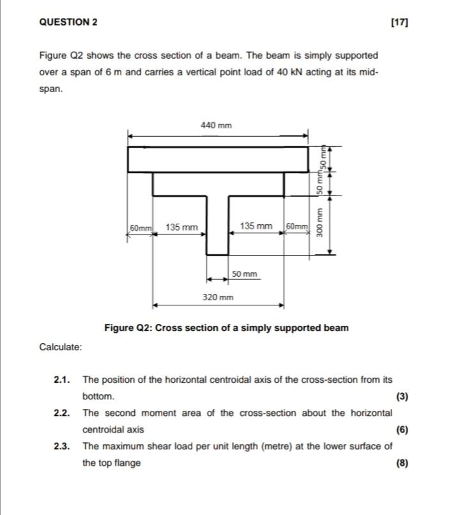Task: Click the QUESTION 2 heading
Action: [x=68, y=22]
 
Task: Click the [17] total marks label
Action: [x=399, y=22]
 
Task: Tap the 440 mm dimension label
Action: [x=217, y=125]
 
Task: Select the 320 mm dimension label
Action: [x=218, y=297]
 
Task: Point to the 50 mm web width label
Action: [x=245, y=274]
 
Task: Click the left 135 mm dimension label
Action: [x=181, y=227]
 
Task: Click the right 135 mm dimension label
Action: [x=256, y=226]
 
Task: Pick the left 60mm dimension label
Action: [x=141, y=227]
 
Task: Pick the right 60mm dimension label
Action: [x=297, y=227]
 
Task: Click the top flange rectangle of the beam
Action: [x=217, y=160]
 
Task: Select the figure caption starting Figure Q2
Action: [x=227, y=328]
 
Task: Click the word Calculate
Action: [x=61, y=347]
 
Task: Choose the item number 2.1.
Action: [x=62, y=380]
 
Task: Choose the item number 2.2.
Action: [x=62, y=413]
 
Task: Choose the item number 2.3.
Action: [x=62, y=446]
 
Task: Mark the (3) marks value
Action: [x=402, y=396]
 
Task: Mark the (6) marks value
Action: [x=402, y=429]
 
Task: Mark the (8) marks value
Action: [x=402, y=463]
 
